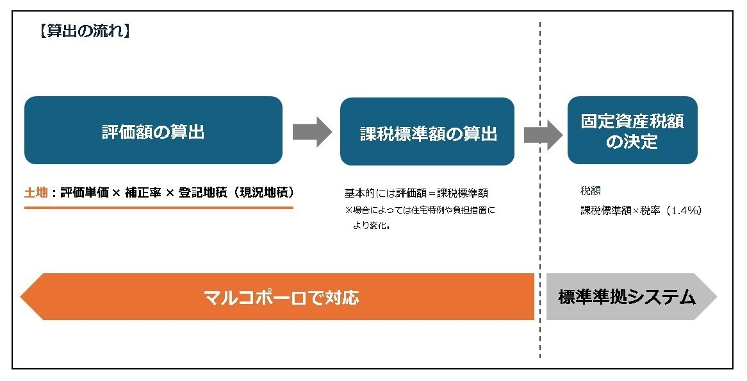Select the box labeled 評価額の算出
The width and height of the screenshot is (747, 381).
pyautogui.click(x=153, y=130)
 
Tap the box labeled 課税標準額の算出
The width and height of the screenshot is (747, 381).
pyautogui.click(x=427, y=132)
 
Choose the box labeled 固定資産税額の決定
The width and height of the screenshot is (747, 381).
pyautogui.click(x=632, y=130)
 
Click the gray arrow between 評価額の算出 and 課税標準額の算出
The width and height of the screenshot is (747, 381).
pyautogui.click(x=312, y=131)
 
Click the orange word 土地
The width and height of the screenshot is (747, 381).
pyautogui.click(x=36, y=192)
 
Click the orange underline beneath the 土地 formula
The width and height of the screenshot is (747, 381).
pyautogui.click(x=158, y=208)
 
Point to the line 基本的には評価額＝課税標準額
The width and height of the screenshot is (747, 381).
pyautogui.click(x=416, y=193)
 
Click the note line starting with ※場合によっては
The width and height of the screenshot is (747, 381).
pyautogui.click(x=420, y=210)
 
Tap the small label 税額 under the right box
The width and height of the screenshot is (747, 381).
pyautogui.click(x=590, y=190)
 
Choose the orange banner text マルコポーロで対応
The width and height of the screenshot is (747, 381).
pyautogui.click(x=281, y=297)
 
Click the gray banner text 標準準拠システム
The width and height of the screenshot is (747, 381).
pyautogui.click(x=627, y=297)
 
